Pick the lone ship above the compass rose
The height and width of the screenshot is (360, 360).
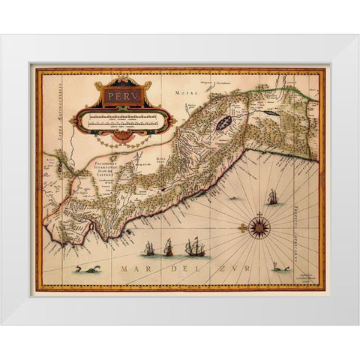tap(271, 198)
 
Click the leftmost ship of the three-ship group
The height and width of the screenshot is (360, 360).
tap(149, 247)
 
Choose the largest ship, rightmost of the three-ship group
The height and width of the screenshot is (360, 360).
tap(196, 245)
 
